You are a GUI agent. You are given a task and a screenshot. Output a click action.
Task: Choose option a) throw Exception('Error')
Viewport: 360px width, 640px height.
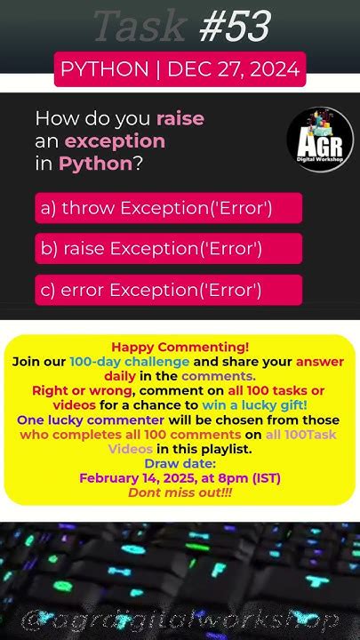coord(169,208)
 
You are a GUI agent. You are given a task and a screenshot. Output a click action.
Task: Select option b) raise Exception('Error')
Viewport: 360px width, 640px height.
coord(169,249)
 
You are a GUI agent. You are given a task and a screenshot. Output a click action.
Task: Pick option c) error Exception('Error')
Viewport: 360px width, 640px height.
coord(169,290)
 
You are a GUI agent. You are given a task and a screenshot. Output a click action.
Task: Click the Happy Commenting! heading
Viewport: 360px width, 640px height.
coord(180,348)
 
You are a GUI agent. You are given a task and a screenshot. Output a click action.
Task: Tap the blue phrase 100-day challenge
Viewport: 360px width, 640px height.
coord(142,362)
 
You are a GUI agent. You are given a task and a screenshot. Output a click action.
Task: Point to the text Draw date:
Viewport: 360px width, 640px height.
coord(180,463)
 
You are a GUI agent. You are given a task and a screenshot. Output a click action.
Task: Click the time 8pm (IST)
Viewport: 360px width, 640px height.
coord(251,477)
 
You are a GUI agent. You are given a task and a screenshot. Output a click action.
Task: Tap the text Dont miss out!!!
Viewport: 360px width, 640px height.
coord(180,492)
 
